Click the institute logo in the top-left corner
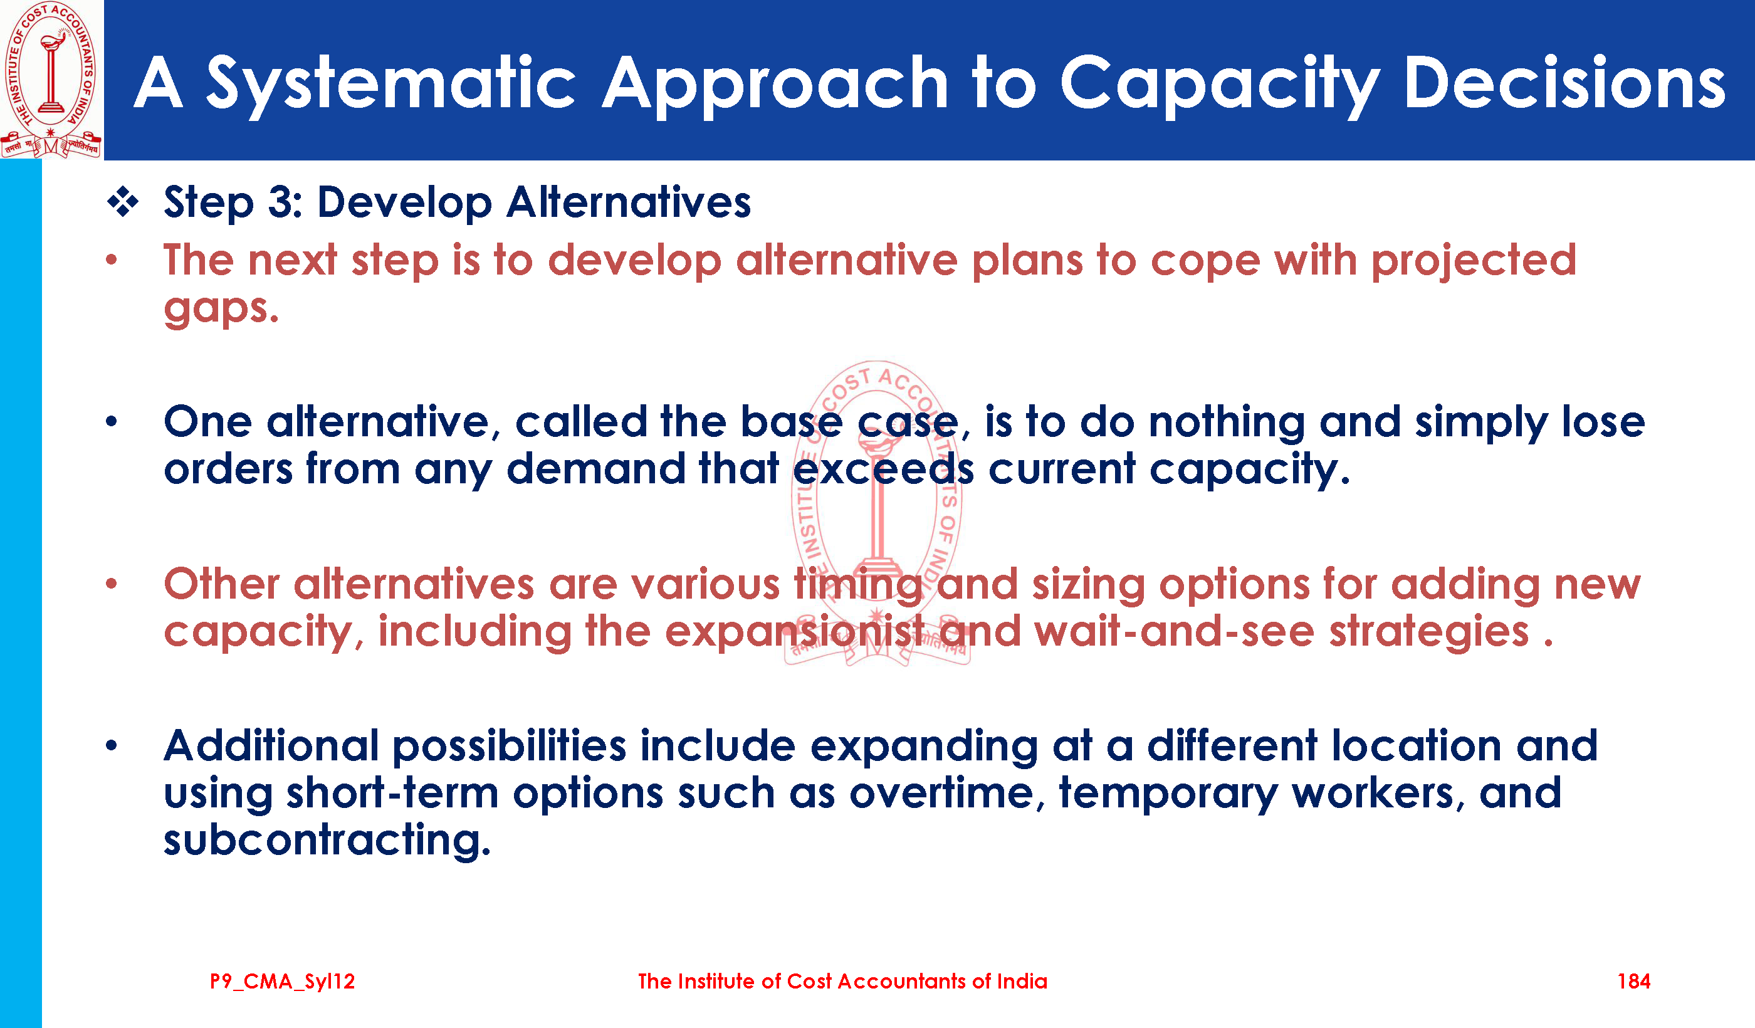click(51, 80)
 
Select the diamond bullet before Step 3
click(123, 202)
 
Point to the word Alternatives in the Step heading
click(629, 202)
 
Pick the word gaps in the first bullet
click(220, 308)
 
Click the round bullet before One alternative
click(112, 421)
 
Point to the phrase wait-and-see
click(1175, 632)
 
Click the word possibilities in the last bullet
click(509, 747)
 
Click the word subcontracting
click(327, 841)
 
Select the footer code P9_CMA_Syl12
click(283, 982)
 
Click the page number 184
click(1634, 982)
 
